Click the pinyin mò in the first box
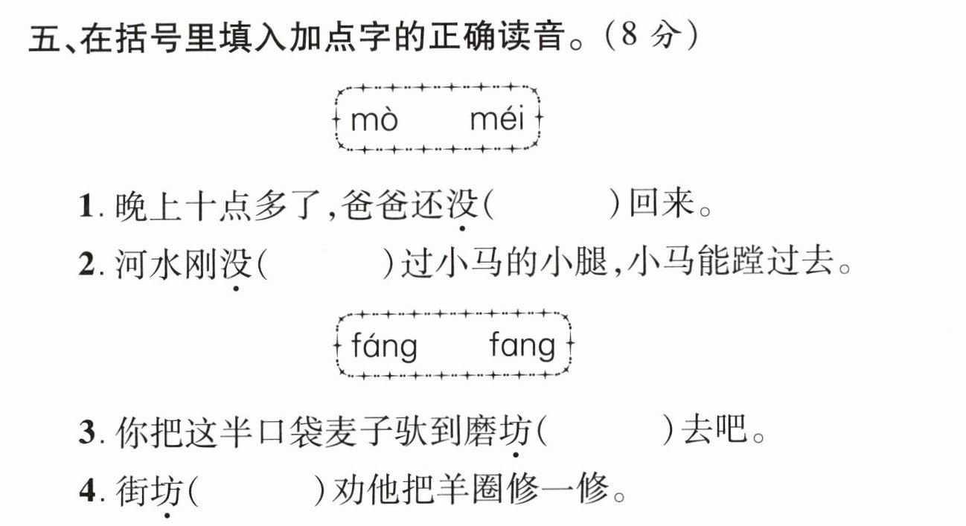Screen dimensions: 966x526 (374, 120)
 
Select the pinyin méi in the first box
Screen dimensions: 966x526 (497, 119)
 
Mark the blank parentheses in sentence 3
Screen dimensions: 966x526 (605, 432)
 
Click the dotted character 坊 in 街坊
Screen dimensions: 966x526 (169, 491)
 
